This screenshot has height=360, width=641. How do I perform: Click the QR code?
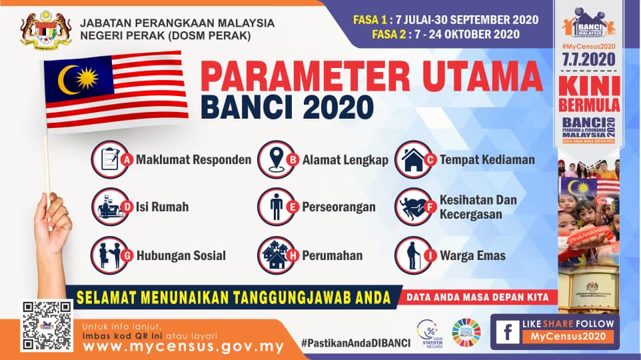pos(47,326)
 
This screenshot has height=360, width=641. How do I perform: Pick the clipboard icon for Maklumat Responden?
pos(108,159)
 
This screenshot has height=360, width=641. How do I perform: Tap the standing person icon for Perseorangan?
pos(275,207)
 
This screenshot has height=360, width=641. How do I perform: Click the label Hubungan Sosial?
pos(181,255)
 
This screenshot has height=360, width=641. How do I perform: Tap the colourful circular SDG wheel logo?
pos(466,331)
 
